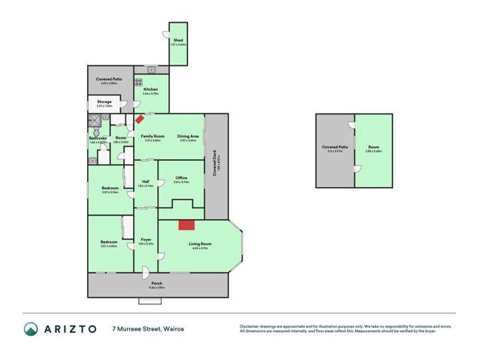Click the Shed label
pos(178,40)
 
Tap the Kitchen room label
pos(149,89)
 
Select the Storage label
pos(104,101)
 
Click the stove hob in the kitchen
pos(139,81)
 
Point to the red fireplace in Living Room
pos(186,224)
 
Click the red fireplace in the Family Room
pos(140,119)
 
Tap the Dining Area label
pos(188,136)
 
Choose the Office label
pos(180,177)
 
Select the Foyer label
pos(146,240)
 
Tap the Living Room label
pos(201,244)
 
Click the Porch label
pos(156,283)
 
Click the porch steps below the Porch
pos(150,301)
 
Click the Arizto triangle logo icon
pos(31,329)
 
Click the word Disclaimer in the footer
pos(250,325)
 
